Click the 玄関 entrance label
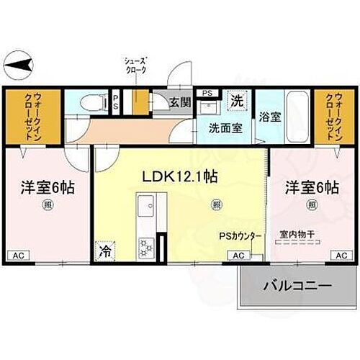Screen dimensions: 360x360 (181, 102)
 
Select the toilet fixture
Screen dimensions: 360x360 (89, 103)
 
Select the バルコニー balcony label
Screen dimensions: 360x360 (297, 286)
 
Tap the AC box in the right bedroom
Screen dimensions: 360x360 (342, 255)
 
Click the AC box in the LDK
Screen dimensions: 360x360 (238, 255)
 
